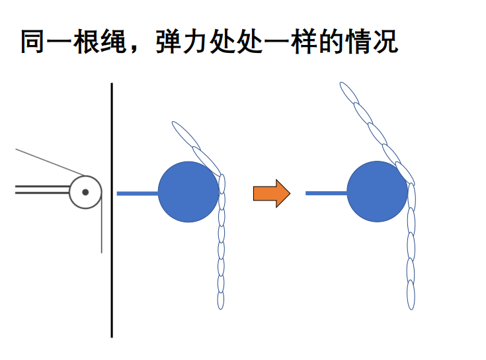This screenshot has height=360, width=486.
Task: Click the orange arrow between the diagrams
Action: (272, 193)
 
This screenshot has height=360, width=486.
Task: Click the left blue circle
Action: (188, 192)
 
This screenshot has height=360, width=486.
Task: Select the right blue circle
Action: (377, 192)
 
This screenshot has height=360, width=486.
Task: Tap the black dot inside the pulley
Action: (85, 192)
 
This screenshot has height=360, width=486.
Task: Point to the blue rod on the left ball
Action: (138, 193)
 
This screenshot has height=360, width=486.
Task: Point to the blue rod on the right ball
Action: (326, 193)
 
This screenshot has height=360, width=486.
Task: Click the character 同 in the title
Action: (32, 41)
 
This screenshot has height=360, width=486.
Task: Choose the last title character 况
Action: (386, 41)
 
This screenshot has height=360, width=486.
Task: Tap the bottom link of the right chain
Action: (411, 295)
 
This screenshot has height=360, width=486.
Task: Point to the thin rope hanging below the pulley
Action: (101, 232)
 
